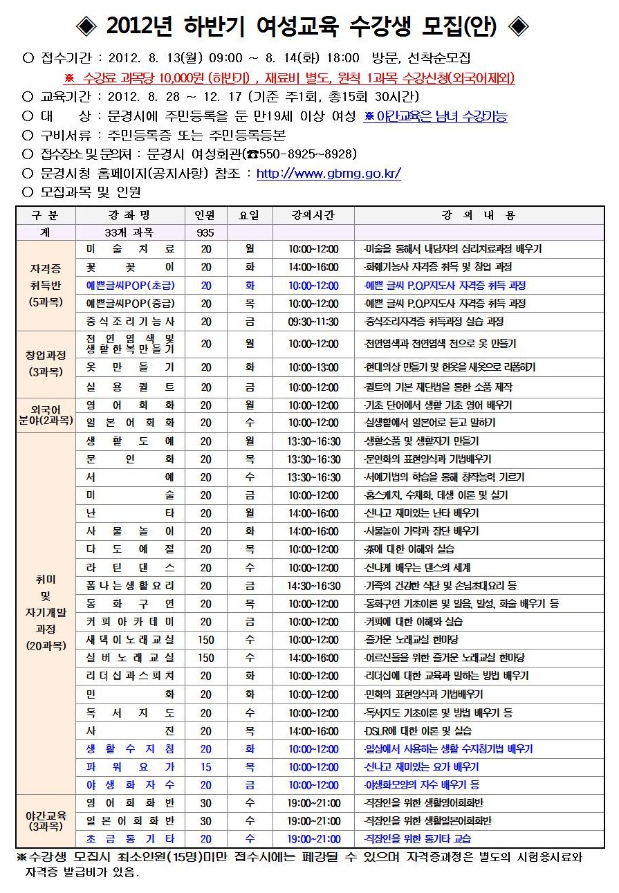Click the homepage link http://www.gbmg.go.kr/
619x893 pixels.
(329, 174)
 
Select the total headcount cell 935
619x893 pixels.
(205, 233)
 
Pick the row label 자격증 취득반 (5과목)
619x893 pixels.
(46, 284)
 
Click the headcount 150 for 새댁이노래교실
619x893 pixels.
(205, 640)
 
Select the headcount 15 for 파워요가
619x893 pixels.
(205, 767)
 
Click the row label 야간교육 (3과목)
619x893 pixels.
(46, 820)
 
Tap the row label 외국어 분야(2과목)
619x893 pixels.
(46, 414)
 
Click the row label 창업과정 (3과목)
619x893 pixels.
(46, 363)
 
